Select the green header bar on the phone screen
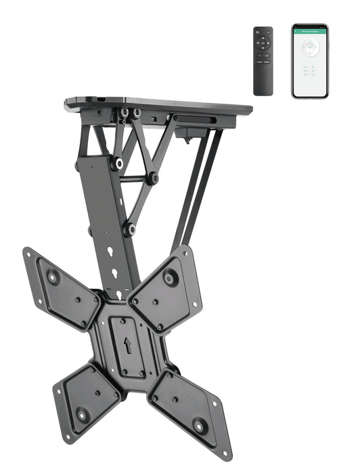coord(310,31)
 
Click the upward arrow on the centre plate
coord(128,345)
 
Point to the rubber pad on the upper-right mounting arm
coord(171,277)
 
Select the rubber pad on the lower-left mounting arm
coord(83,414)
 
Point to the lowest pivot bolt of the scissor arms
coord(129,230)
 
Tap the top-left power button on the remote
coord(258,33)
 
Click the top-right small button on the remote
coord(269,33)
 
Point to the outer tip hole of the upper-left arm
coord(29,254)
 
